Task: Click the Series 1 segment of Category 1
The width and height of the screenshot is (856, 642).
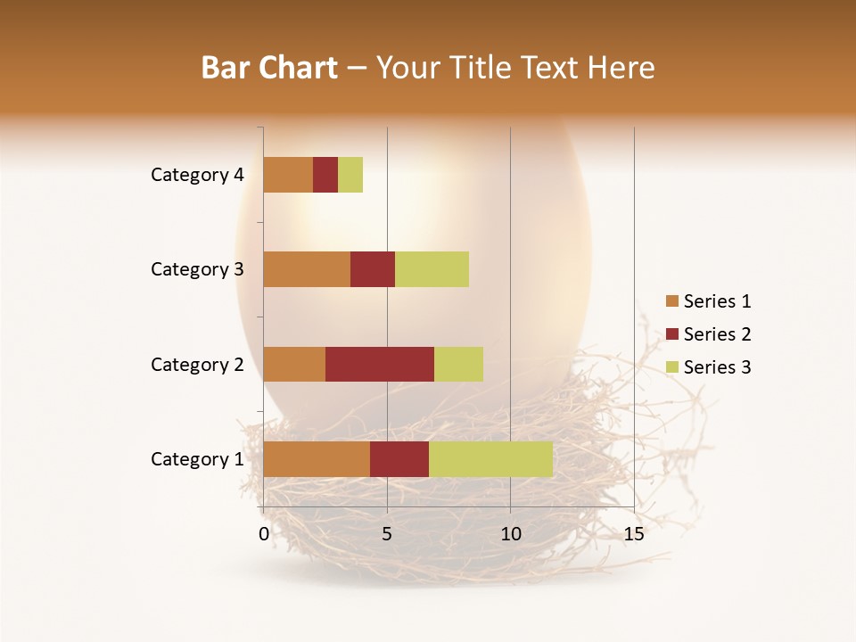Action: pyautogui.click(x=317, y=458)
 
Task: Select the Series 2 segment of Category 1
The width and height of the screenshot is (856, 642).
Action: pyautogui.click(x=399, y=458)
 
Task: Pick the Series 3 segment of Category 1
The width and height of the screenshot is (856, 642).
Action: pyautogui.click(x=490, y=458)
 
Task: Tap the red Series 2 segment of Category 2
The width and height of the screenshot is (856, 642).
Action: pyautogui.click(x=379, y=364)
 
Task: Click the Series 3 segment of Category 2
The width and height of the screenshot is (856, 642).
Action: pyautogui.click(x=458, y=364)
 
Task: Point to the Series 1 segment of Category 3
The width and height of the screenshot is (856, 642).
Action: pyautogui.click(x=307, y=269)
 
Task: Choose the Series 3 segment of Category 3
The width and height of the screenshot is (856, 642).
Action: pyautogui.click(x=432, y=269)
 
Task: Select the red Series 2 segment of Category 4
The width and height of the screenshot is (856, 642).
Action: pyautogui.click(x=325, y=175)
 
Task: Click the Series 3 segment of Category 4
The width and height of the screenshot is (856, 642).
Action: pyautogui.click(x=350, y=175)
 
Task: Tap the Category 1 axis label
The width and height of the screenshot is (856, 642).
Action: pyautogui.click(x=197, y=459)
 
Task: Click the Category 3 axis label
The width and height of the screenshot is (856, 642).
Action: pyautogui.click(x=197, y=269)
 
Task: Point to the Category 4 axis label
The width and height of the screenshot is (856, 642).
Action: pyautogui.click(x=197, y=175)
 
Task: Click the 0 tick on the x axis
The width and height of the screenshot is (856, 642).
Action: pyautogui.click(x=264, y=534)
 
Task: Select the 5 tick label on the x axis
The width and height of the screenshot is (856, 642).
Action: pyautogui.click(x=387, y=534)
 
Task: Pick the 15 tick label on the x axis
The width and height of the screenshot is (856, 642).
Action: pyautogui.click(x=633, y=534)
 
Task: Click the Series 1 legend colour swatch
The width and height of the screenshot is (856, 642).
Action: pyautogui.click(x=672, y=301)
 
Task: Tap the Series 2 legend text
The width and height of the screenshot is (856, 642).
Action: pyautogui.click(x=717, y=334)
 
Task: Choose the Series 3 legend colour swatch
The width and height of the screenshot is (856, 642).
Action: pyautogui.click(x=672, y=367)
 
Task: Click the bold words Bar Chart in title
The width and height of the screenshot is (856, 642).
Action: pyautogui.click(x=268, y=68)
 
